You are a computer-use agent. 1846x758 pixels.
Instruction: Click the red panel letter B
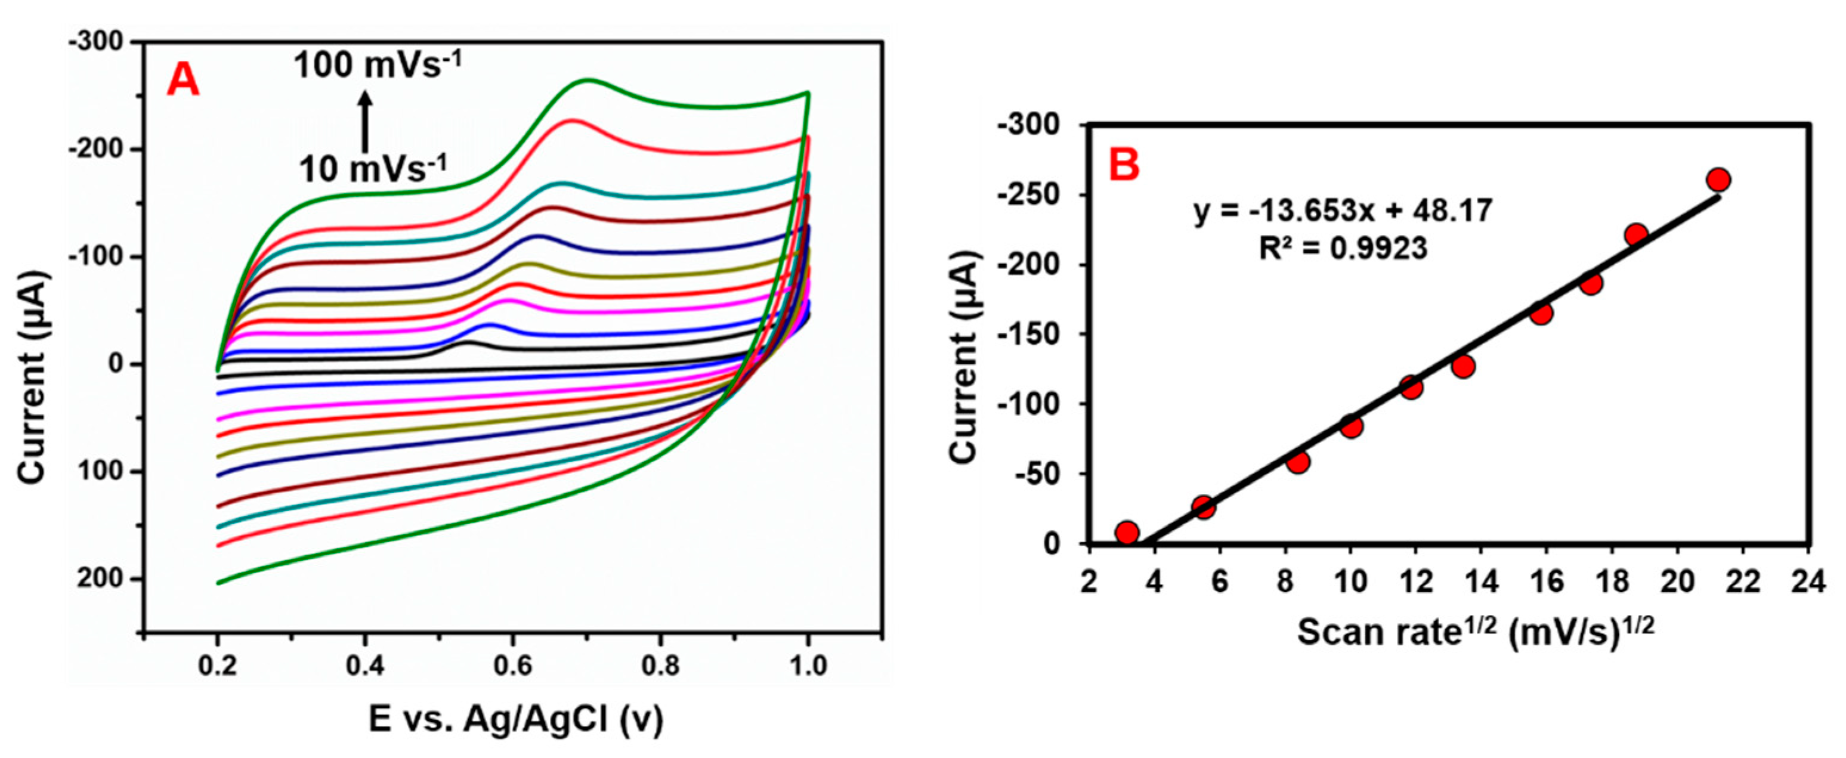1124,166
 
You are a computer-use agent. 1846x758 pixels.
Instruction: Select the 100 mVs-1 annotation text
378,66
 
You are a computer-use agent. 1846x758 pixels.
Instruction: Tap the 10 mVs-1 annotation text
373,171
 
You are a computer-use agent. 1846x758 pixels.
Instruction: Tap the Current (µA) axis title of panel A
33,378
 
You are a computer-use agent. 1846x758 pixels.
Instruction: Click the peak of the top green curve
587,81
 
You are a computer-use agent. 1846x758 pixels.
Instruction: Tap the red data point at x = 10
1352,426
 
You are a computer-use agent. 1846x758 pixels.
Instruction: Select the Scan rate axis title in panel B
1476,633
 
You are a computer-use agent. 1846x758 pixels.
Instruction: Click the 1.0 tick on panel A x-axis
808,666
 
